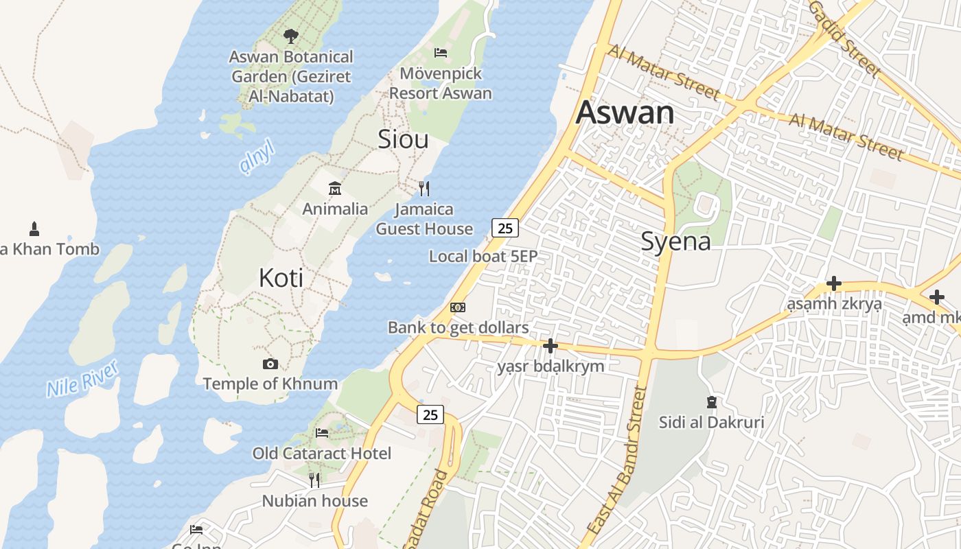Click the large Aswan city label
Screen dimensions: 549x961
(x=625, y=113)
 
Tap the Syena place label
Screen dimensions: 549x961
(x=675, y=242)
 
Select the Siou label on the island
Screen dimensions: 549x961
(x=403, y=139)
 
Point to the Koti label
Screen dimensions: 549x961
(x=281, y=278)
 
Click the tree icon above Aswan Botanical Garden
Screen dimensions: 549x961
(x=291, y=36)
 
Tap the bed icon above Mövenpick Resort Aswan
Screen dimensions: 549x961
(x=441, y=52)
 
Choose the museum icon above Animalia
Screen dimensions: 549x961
(x=335, y=188)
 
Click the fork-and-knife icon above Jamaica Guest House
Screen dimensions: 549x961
(x=424, y=188)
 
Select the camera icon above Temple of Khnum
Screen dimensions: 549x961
(x=270, y=364)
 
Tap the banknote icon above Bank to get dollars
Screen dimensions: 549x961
(x=458, y=307)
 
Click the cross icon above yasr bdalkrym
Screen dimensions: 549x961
(x=551, y=346)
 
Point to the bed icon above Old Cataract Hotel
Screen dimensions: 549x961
(x=321, y=433)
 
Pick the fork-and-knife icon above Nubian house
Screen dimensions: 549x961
(x=314, y=480)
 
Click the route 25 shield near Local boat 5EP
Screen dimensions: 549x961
(x=505, y=229)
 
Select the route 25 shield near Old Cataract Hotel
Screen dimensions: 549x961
(x=430, y=414)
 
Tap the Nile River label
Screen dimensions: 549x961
(x=83, y=377)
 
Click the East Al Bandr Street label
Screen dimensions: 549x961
(x=619, y=460)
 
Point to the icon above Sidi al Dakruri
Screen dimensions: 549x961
(x=712, y=401)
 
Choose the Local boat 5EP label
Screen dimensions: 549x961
(x=483, y=257)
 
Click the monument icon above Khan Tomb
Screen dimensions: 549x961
(x=34, y=229)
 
